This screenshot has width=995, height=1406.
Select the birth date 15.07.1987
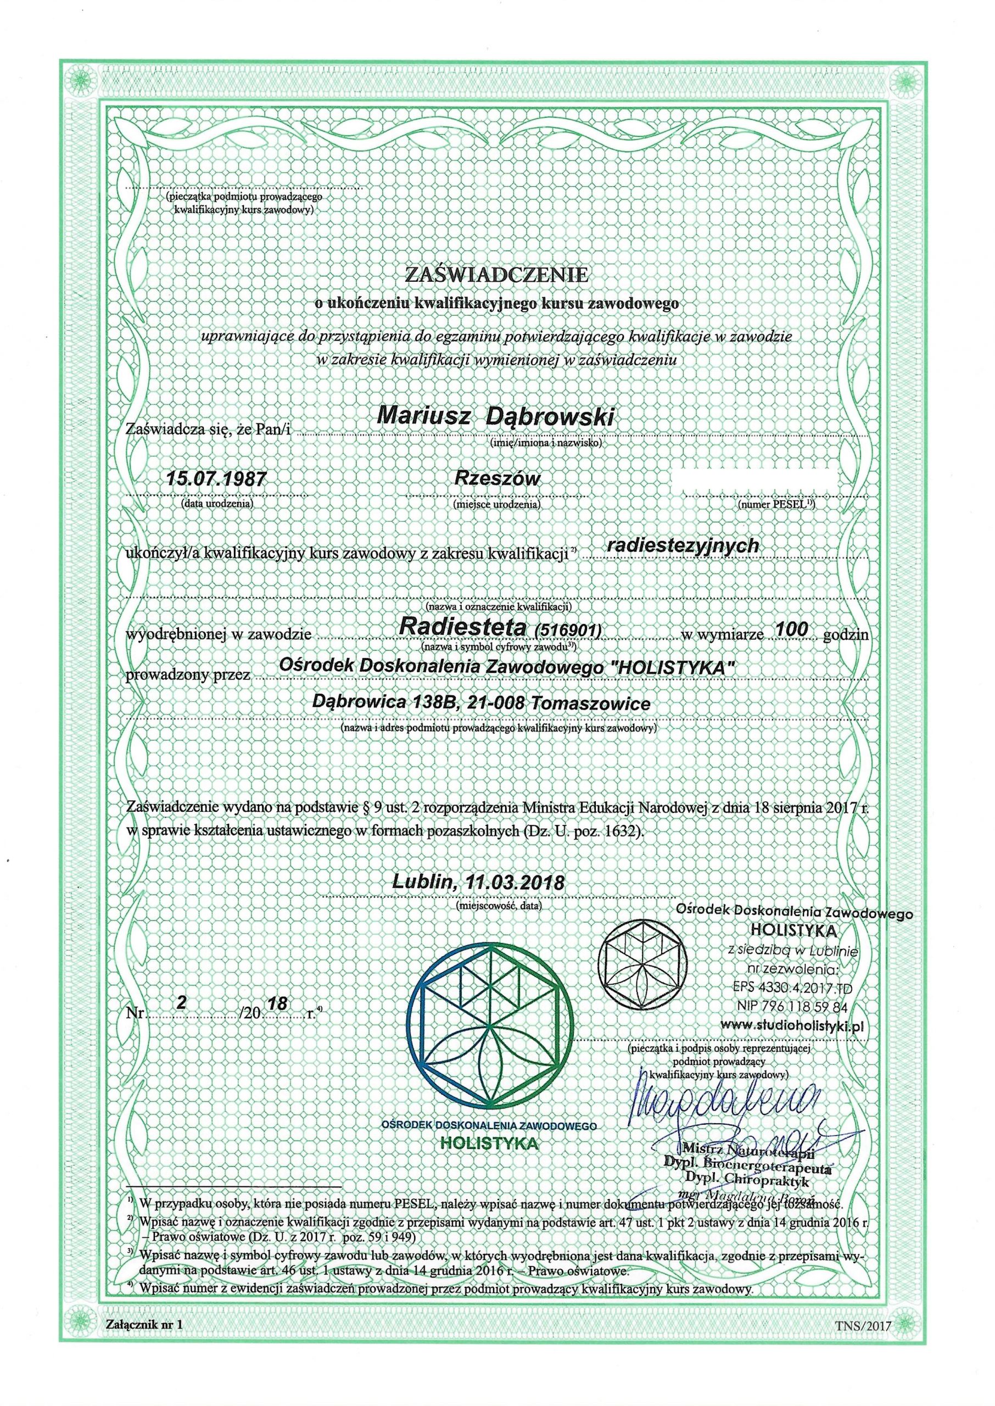click(x=217, y=477)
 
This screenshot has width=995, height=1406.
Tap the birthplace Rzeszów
click(x=496, y=477)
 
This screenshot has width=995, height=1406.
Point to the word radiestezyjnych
click(x=682, y=545)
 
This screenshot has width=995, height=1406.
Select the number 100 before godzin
click(x=792, y=627)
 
